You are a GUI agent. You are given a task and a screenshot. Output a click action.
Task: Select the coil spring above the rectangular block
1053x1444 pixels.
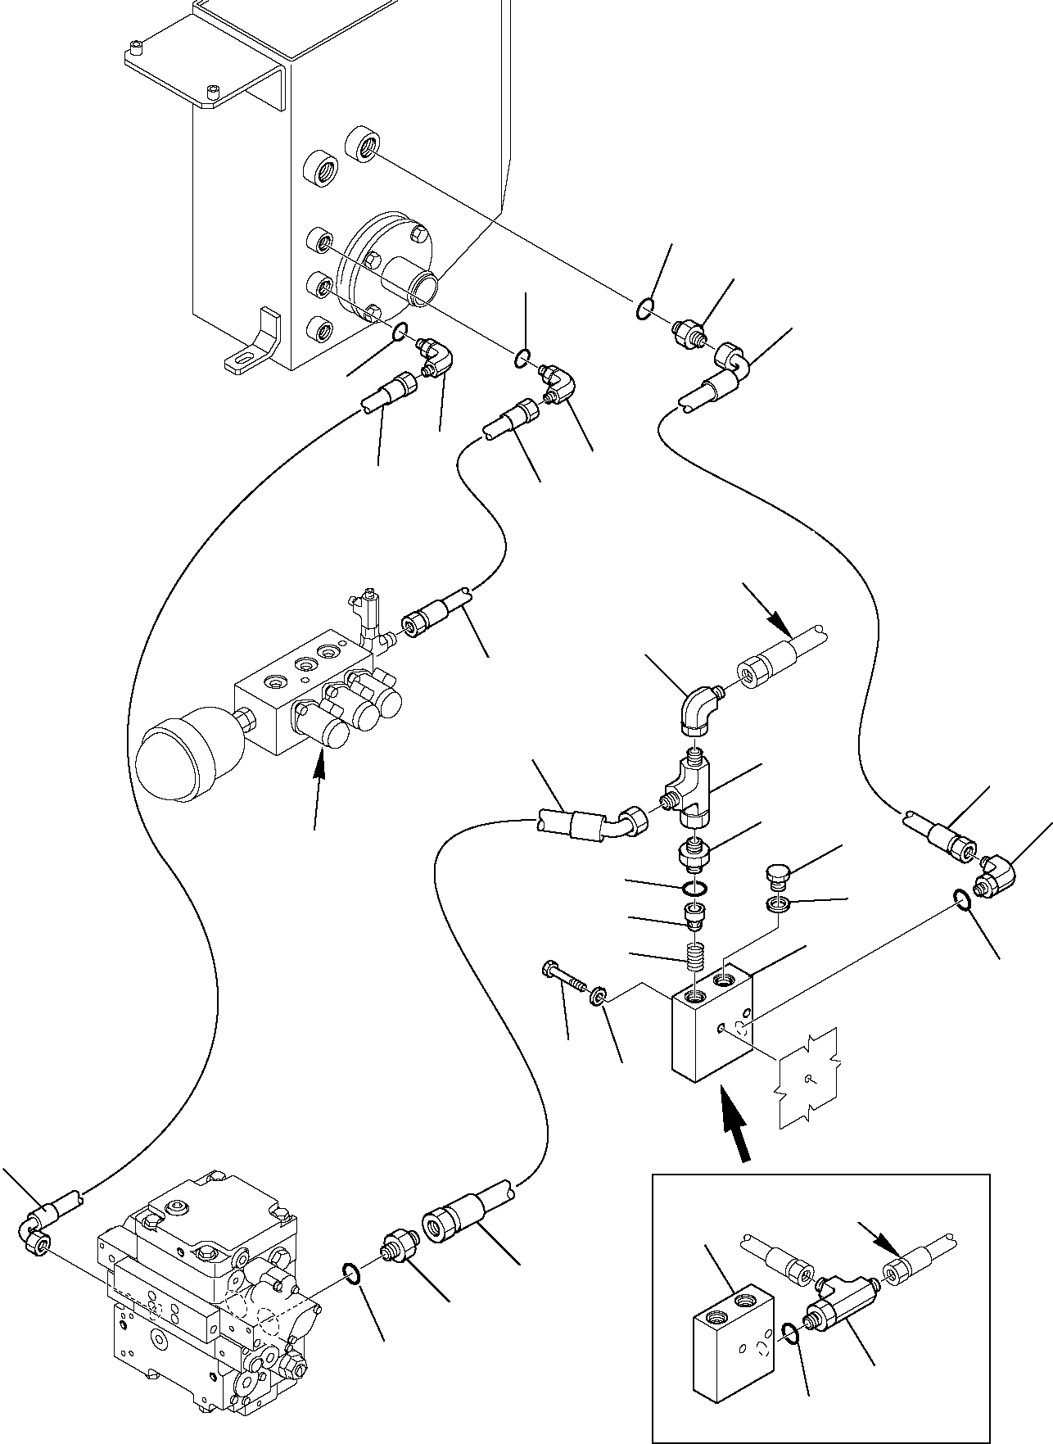[x=695, y=954]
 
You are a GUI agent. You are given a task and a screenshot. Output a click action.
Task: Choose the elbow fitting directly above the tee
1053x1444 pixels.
[x=698, y=707]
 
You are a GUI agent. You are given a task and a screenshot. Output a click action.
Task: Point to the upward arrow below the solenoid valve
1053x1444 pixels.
[x=320, y=784]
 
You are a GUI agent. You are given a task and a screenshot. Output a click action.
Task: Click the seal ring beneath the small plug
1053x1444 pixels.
[x=777, y=905]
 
